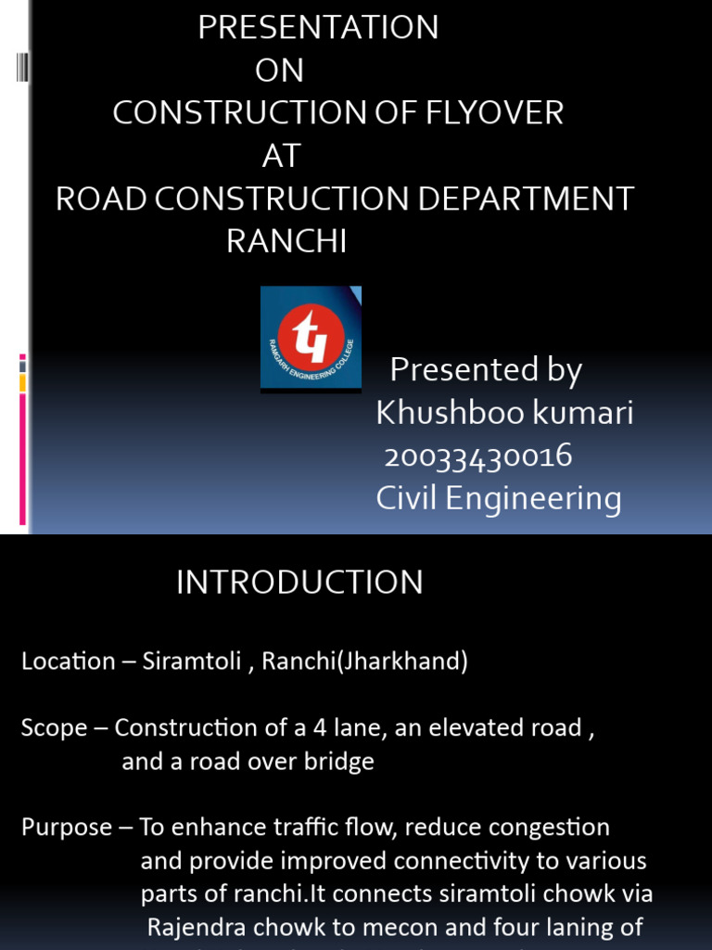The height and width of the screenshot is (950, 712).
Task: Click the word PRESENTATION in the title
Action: click(x=318, y=28)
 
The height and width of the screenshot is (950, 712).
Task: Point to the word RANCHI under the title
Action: click(x=286, y=242)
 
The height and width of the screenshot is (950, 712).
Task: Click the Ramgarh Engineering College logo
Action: click(x=311, y=338)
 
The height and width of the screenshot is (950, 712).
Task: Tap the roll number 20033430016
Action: click(x=478, y=456)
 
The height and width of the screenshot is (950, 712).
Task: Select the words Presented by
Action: click(x=486, y=370)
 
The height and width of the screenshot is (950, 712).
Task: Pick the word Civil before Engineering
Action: click(x=407, y=499)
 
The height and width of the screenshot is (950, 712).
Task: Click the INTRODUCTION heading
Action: click(x=299, y=583)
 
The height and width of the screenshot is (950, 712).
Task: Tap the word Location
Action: click(x=69, y=662)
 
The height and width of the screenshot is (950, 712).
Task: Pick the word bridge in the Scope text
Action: click(x=343, y=763)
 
